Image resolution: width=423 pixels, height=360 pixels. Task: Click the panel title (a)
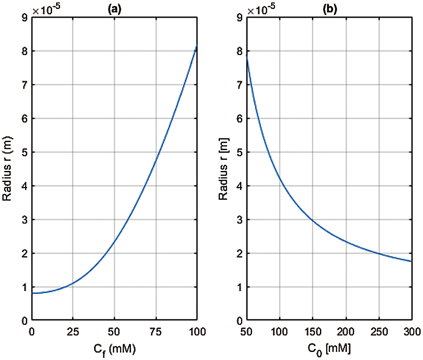point(114,9)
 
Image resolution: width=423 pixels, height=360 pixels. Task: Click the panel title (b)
point(329,9)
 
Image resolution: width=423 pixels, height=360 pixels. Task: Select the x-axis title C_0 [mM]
point(329,349)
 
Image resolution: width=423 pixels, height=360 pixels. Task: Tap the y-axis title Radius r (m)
point(7,169)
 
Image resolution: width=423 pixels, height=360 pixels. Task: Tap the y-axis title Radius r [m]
point(223,169)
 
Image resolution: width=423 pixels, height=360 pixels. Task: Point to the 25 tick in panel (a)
point(73,332)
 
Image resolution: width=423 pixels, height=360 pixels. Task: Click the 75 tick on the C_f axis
point(156,332)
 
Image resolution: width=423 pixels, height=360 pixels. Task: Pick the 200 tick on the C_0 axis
point(346,332)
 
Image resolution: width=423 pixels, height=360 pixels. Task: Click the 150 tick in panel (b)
point(313,332)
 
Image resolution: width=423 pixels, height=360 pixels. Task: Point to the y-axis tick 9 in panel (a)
point(25,17)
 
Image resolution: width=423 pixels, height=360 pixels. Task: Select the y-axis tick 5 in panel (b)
point(239,152)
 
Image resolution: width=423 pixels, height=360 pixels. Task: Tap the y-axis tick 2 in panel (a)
point(25,254)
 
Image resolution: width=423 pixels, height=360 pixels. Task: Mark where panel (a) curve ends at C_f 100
point(197,44)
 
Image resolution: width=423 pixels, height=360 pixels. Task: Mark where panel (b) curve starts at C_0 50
point(247,55)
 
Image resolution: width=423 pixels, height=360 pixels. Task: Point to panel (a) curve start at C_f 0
point(32,293)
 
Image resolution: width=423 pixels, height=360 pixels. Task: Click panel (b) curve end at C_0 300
point(412,261)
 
